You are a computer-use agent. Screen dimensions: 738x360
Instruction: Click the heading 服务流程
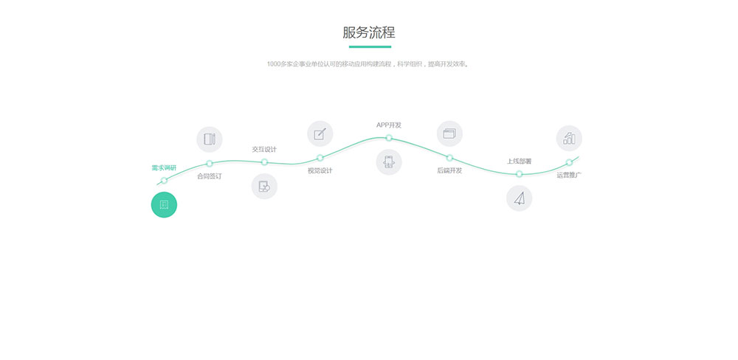tap(368, 32)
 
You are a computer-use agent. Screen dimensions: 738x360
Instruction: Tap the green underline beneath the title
tap(370, 46)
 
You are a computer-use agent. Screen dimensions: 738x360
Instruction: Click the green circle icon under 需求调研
tap(164, 204)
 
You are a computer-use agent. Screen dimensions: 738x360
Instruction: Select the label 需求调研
tap(164, 168)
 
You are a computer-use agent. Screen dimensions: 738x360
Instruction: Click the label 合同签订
tap(209, 176)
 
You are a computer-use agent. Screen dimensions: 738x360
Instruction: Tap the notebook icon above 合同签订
tap(210, 139)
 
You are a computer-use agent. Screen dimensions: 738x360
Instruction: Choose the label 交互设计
tap(264, 149)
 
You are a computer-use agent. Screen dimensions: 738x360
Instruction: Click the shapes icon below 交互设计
tap(264, 187)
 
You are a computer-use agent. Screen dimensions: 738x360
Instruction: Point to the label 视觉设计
tap(320, 171)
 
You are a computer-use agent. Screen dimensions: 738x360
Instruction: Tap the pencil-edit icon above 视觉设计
tap(320, 134)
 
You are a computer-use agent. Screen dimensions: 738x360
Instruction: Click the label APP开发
tap(389, 125)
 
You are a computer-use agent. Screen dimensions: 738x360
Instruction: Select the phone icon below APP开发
tap(389, 162)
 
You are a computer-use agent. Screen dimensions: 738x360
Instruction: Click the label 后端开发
tap(449, 170)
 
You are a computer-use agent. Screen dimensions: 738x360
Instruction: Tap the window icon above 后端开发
tap(449, 134)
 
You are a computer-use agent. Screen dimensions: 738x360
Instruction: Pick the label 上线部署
tap(519, 162)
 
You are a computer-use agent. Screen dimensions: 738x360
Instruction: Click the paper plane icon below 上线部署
tap(519, 198)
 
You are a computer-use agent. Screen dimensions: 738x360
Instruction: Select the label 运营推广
tap(569, 175)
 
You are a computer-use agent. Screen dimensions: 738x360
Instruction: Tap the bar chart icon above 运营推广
tap(569, 139)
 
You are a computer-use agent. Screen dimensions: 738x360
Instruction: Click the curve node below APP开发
tap(389, 138)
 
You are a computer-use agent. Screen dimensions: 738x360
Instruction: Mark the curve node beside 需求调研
tap(164, 180)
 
